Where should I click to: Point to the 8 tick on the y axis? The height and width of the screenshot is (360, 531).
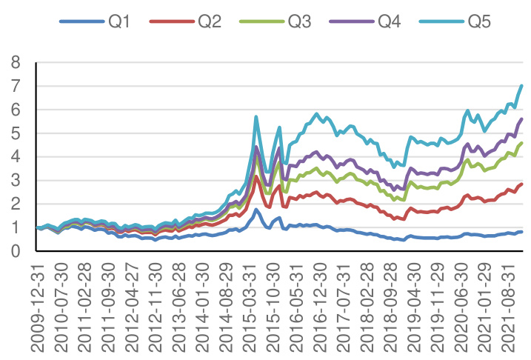click(x=16, y=62)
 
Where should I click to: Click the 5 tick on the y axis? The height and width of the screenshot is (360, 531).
click(x=16, y=133)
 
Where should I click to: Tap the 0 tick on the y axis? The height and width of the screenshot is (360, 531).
click(x=16, y=252)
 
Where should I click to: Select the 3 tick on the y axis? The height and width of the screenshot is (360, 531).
click(x=16, y=181)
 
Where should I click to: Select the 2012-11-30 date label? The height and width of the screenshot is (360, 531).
click(x=157, y=304)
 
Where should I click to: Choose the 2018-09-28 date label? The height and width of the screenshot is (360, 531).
click(x=393, y=304)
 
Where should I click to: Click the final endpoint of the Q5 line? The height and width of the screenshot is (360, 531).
click(x=521, y=86)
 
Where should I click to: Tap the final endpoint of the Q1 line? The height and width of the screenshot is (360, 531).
click(x=521, y=232)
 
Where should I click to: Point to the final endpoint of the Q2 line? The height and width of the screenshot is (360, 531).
click(x=521, y=184)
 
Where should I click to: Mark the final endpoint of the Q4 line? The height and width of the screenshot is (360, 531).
click(x=521, y=119)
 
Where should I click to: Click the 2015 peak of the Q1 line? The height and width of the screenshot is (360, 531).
click(x=256, y=210)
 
